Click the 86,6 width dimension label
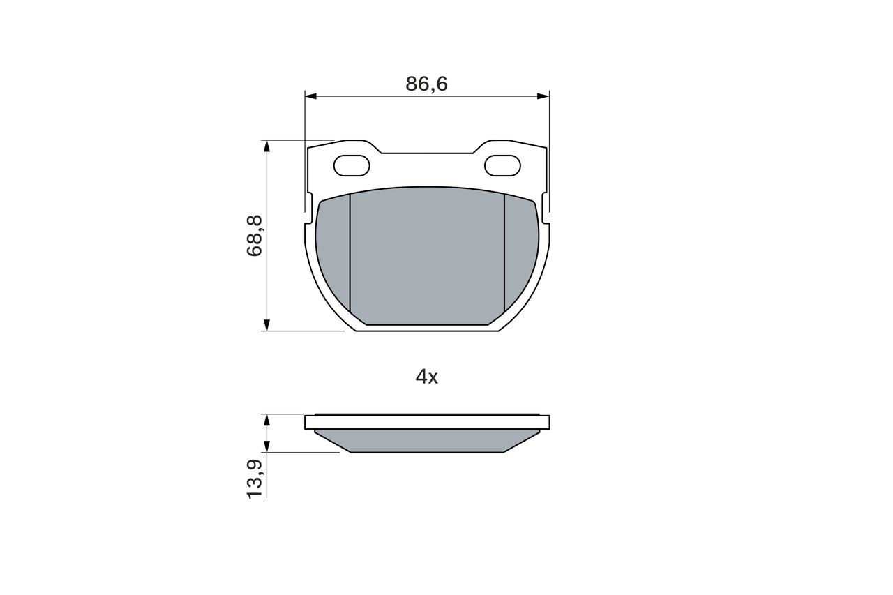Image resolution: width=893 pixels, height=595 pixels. [x=426, y=84]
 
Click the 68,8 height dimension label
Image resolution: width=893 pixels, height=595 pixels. [x=255, y=236]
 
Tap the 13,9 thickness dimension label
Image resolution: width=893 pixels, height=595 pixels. [x=255, y=479]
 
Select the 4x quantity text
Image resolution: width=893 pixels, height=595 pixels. [x=426, y=377]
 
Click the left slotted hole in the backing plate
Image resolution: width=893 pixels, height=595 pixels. [x=352, y=165]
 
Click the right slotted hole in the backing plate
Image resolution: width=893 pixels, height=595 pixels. [x=502, y=165]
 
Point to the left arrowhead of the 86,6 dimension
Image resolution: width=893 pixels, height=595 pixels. [x=310, y=96]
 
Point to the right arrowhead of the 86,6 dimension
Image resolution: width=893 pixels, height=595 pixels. [x=543, y=96]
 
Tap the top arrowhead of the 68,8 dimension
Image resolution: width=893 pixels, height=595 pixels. [x=267, y=146]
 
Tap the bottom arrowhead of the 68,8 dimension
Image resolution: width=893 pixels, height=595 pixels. [x=267, y=325]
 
